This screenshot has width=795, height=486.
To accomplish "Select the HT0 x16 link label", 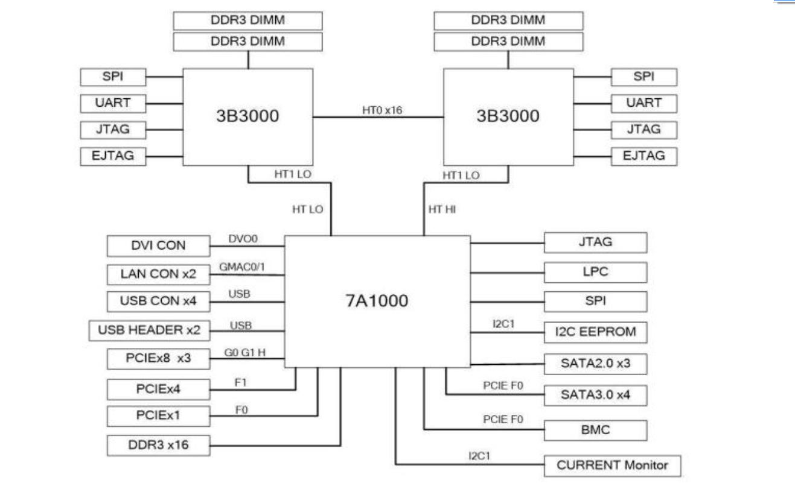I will (x=378, y=110).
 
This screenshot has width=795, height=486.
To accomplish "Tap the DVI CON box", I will (x=158, y=245).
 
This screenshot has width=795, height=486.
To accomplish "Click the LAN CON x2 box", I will (x=158, y=274).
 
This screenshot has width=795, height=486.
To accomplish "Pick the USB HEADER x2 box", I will (x=149, y=330).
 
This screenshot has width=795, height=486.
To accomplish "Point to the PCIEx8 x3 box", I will (x=158, y=359).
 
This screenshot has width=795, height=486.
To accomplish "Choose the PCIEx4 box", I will (x=158, y=389).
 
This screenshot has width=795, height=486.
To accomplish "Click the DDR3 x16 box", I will (x=158, y=446).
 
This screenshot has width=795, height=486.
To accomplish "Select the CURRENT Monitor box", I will (x=612, y=465).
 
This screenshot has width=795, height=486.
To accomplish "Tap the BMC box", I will (x=595, y=430).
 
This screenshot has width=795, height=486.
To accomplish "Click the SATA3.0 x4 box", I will (x=595, y=395).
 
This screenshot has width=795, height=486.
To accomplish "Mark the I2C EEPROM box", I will (x=595, y=331).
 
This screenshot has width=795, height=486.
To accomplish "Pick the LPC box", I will (x=595, y=272).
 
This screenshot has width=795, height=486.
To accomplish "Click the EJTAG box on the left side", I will (x=113, y=156).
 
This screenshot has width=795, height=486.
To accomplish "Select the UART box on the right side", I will (x=644, y=103).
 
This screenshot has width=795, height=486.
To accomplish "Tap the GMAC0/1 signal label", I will (x=240, y=267).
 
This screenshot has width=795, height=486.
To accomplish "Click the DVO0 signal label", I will (x=243, y=239).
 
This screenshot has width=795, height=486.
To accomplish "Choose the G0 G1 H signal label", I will (x=244, y=353).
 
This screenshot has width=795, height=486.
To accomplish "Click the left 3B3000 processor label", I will (x=247, y=116).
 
